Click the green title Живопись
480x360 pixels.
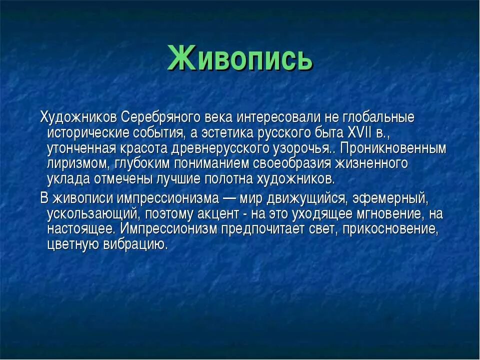tap(240, 58)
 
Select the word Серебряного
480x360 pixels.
tap(160, 117)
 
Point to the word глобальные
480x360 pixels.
tap(378, 117)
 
